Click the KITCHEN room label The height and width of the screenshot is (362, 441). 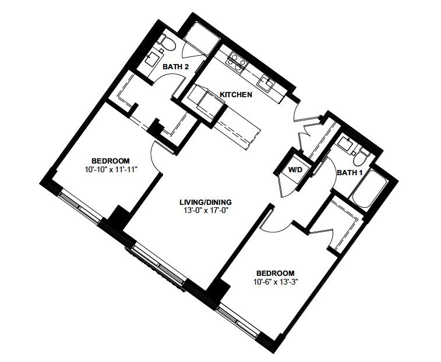pyautogui.click(x=236, y=94)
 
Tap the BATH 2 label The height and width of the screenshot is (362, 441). pyautogui.click(x=176, y=67)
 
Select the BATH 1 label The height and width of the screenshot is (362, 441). pyautogui.click(x=350, y=173)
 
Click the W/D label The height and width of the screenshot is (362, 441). pyautogui.click(x=295, y=170)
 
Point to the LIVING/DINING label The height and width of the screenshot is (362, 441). pyautogui.click(x=206, y=202)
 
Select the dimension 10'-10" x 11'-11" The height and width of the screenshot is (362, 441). pyautogui.click(x=111, y=169)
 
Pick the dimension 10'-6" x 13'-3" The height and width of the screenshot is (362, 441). pyautogui.click(x=276, y=281)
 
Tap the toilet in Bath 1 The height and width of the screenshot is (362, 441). pyautogui.click(x=361, y=158)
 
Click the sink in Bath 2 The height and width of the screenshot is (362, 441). pyautogui.click(x=153, y=58)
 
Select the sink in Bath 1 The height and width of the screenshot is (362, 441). pyautogui.click(x=345, y=144)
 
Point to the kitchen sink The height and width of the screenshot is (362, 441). pyautogui.click(x=266, y=83)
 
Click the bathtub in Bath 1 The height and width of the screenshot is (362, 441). pyautogui.click(x=366, y=189)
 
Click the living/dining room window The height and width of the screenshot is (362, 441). pyautogui.click(x=158, y=265)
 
